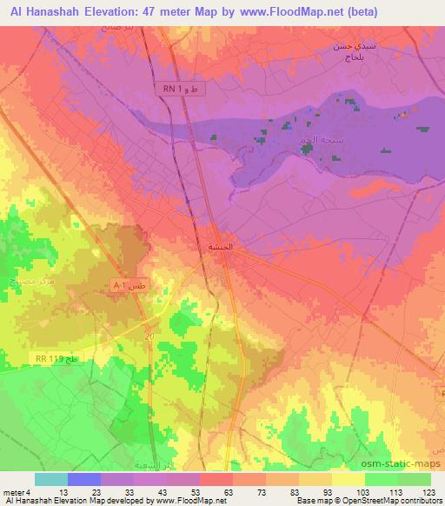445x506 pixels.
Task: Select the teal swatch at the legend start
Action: click(51, 479)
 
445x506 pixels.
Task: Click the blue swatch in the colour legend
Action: click(84, 479)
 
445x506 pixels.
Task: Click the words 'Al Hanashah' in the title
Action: click(42, 11)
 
